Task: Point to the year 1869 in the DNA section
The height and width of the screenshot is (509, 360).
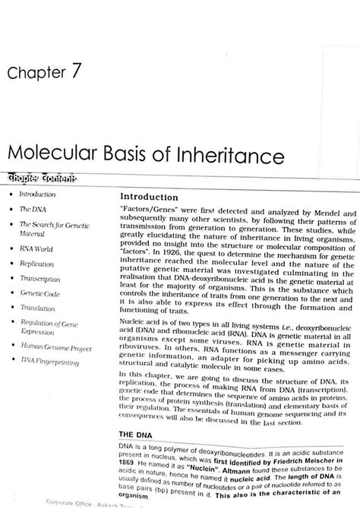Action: (x=131, y=463)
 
